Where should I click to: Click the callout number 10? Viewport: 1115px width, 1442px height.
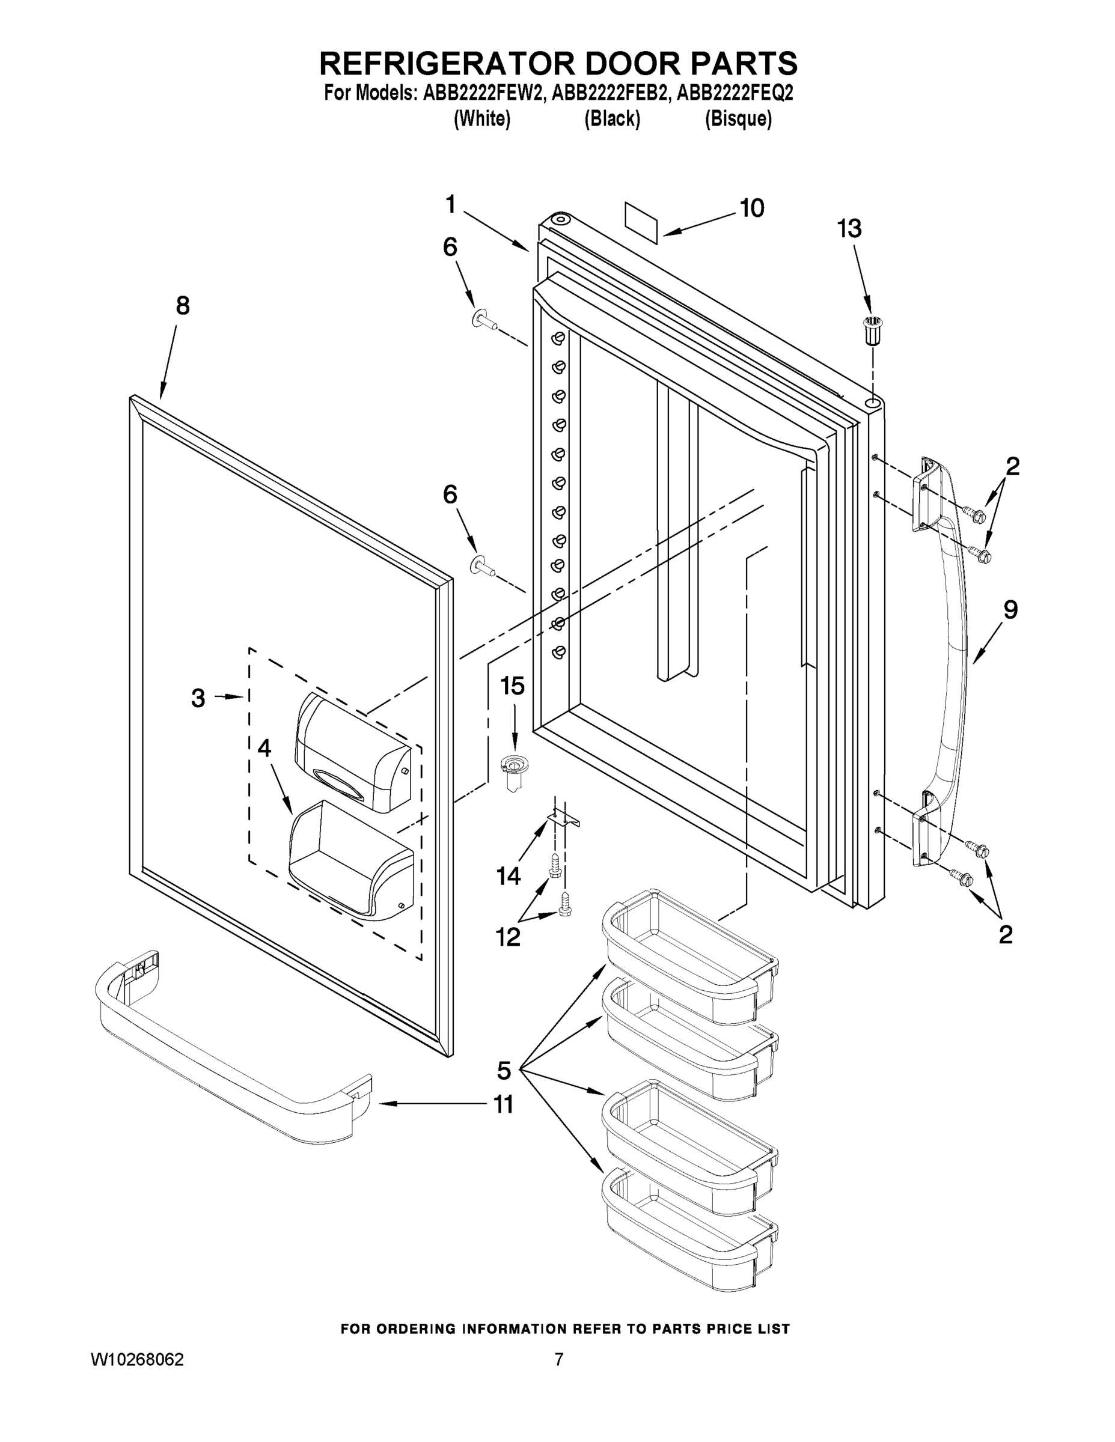click(x=752, y=208)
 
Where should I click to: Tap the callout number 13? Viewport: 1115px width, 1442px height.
click(x=849, y=229)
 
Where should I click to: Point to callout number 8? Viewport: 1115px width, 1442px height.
click(x=182, y=306)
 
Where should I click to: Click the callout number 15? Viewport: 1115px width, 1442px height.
click(x=512, y=686)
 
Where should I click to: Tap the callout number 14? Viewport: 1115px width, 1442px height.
click(x=509, y=876)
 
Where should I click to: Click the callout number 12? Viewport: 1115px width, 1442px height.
click(x=508, y=937)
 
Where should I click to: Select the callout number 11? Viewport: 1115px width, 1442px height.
click(x=504, y=1103)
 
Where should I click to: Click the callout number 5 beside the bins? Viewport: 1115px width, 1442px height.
click(x=504, y=1070)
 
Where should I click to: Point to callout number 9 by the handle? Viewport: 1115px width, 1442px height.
click(x=1010, y=609)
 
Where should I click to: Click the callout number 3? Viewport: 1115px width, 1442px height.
click(x=198, y=698)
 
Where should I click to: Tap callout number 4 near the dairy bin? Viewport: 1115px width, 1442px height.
click(x=264, y=748)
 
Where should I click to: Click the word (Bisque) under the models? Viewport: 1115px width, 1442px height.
click(x=738, y=119)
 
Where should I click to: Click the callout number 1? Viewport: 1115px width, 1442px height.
click(x=450, y=205)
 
